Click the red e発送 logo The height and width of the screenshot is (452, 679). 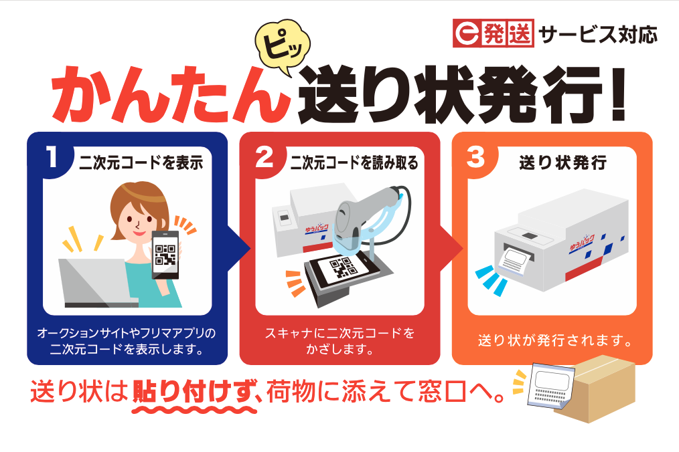[493, 33]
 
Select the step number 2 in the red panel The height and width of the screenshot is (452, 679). [265, 158]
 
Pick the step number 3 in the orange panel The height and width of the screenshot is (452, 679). [476, 158]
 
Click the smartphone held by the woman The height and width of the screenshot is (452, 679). [165, 253]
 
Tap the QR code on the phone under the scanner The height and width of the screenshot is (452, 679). [341, 270]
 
